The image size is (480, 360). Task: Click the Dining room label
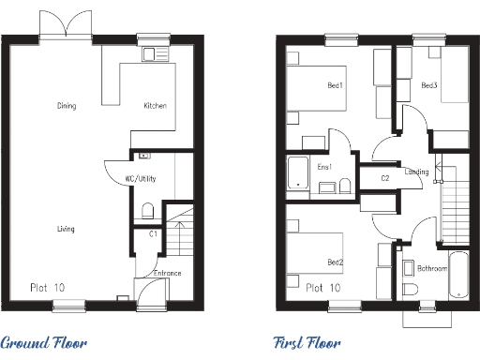tap(66, 106)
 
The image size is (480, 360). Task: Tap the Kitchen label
tap(155, 106)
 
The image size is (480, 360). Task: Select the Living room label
tap(66, 229)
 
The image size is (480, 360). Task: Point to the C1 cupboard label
tap(153, 233)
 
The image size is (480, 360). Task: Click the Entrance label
tap(167, 274)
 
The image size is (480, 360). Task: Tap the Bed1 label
tap(335, 86)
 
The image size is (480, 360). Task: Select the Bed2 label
tap(335, 262)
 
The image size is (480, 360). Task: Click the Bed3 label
tap(429, 86)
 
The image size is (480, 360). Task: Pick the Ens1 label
tap(324, 167)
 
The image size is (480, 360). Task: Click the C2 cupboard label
tap(385, 177)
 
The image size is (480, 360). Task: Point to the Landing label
tap(417, 172)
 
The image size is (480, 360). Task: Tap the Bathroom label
tap(431, 268)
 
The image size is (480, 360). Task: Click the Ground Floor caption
tap(45, 343)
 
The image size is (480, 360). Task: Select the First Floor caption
tap(307, 343)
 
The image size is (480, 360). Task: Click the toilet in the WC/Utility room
tap(147, 208)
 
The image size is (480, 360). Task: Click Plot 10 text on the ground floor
tap(47, 287)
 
